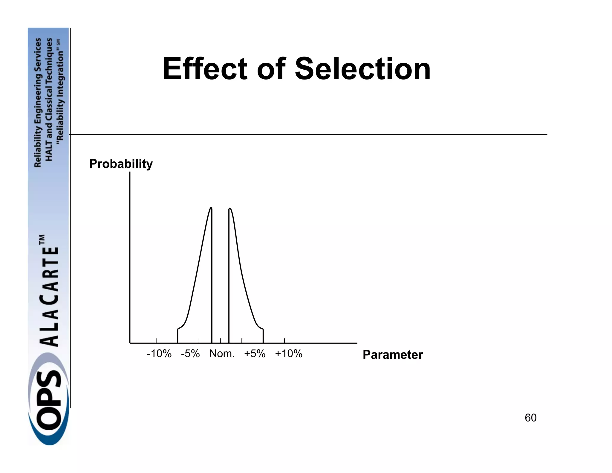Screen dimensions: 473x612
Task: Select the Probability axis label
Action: pos(121,164)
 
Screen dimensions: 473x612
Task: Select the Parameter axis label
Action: pos(393,355)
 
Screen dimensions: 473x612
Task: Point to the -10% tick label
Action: pos(159,354)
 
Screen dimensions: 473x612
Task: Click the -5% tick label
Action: pos(190,354)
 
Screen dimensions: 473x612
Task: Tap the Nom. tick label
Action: pos(222,354)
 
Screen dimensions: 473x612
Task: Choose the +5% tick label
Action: pos(255,354)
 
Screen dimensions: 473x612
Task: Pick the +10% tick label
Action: pos(289,354)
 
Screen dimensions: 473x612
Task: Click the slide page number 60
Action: pos(530,418)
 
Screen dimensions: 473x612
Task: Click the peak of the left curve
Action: pos(211,208)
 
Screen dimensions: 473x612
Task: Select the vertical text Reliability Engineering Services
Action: pos(38,103)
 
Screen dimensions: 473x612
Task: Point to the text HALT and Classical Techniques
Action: pos(49,99)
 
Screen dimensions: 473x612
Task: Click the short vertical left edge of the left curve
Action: pos(178,336)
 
